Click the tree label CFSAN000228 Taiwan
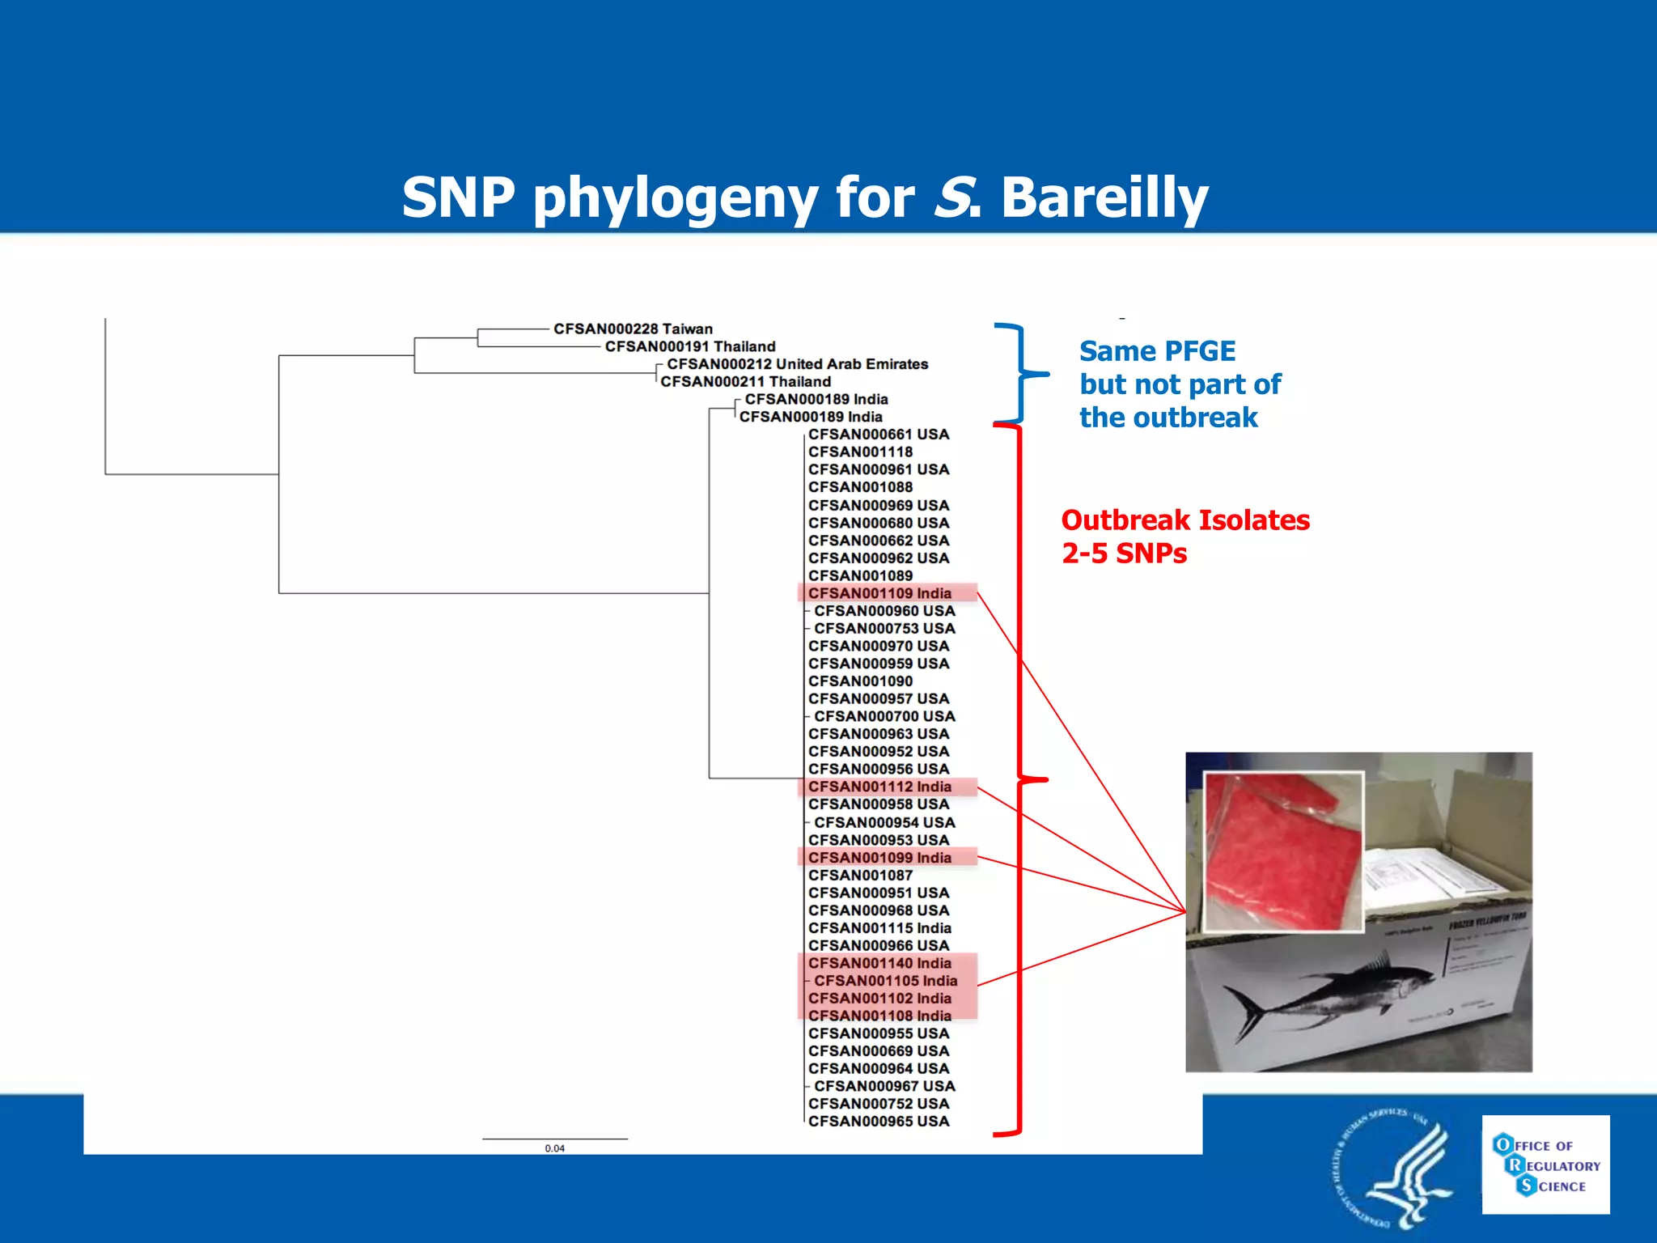(x=633, y=329)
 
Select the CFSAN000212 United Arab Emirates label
(x=797, y=364)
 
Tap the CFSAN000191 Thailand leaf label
(x=690, y=346)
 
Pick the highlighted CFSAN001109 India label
(x=879, y=593)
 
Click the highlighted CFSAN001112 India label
(x=879, y=787)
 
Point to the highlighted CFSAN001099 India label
(x=879, y=858)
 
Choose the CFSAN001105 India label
(x=885, y=981)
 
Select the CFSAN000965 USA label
(x=879, y=1122)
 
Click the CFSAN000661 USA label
(x=879, y=435)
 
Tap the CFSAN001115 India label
(x=879, y=928)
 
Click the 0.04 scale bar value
(x=554, y=1148)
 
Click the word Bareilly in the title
(x=1104, y=197)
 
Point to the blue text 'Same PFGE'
(x=1157, y=351)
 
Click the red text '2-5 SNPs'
(x=1124, y=554)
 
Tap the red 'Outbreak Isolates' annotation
(x=1185, y=520)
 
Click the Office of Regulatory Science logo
(x=1545, y=1165)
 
